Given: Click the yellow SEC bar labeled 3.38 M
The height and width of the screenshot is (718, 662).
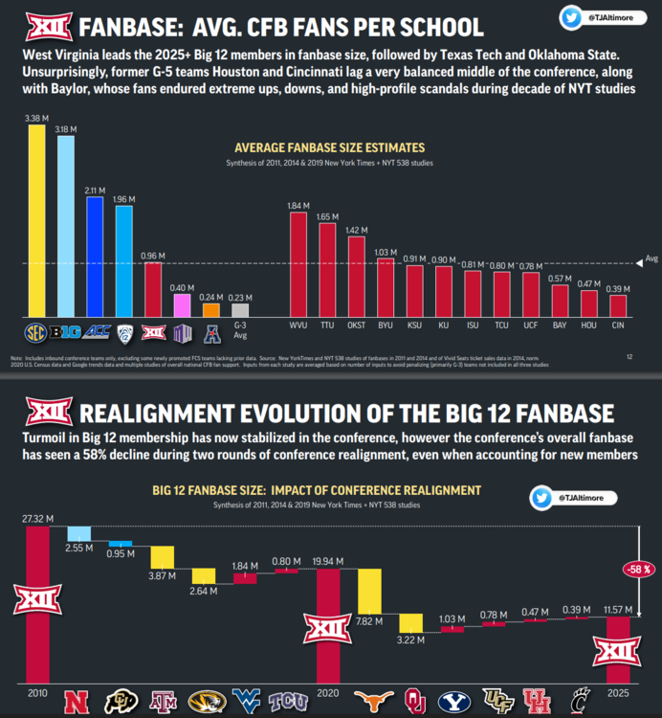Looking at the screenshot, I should [36, 221].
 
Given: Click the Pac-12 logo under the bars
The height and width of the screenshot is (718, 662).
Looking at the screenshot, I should [124, 333].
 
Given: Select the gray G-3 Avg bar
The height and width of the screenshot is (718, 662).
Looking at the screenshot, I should [241, 310].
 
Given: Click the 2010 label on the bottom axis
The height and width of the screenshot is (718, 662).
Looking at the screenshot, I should [37, 691].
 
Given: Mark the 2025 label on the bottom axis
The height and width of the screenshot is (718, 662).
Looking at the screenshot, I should [618, 691].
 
